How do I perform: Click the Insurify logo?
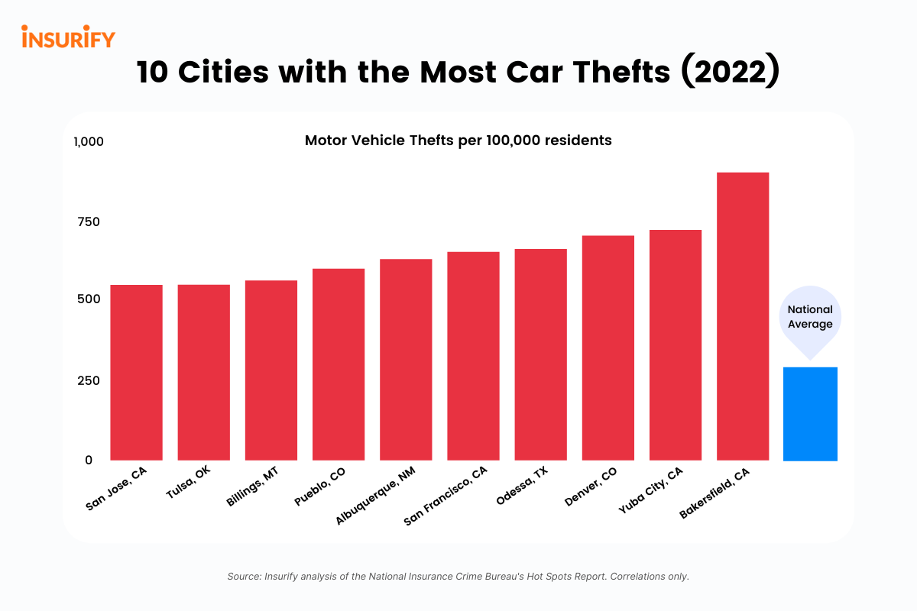[x=68, y=37]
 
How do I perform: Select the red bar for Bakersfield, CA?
[x=742, y=316]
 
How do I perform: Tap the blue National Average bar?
[x=810, y=414]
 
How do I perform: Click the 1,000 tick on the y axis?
[x=88, y=142]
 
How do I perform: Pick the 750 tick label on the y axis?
[x=88, y=221]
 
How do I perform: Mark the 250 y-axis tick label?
[x=88, y=380]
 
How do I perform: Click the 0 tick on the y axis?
[x=89, y=460]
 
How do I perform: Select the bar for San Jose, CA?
[x=136, y=373]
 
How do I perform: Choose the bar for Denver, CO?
[x=608, y=348]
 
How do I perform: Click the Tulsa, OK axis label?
[x=189, y=483]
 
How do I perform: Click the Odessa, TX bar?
[x=540, y=355]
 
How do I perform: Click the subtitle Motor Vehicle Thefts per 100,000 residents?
[x=458, y=141]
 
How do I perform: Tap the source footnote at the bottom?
[x=458, y=577]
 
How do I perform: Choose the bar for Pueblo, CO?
[x=339, y=364]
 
